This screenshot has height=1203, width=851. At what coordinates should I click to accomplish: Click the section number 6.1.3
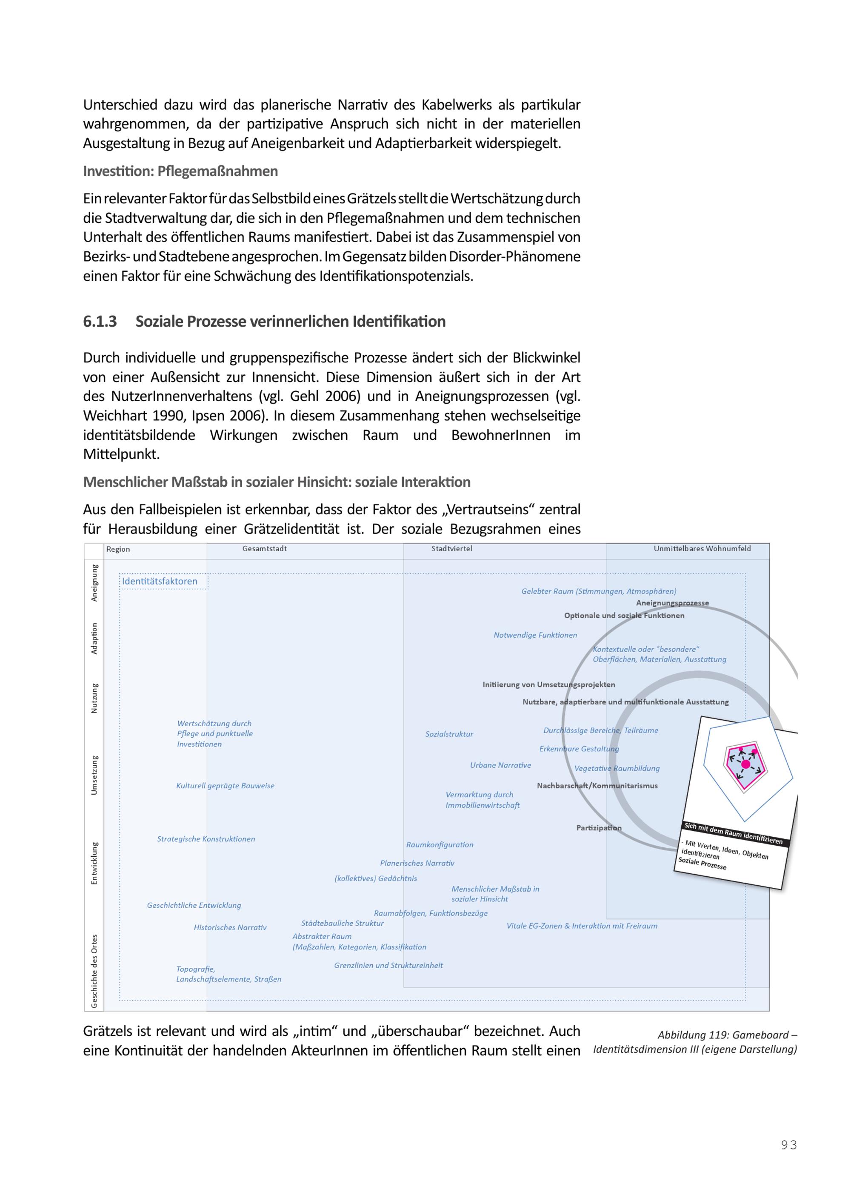100,321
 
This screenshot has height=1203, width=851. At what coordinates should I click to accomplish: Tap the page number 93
788,1145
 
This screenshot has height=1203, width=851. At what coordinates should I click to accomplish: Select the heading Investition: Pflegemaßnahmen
180,171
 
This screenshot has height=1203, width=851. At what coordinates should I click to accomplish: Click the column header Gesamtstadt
264,549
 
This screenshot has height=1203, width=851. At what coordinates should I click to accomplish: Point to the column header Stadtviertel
452,549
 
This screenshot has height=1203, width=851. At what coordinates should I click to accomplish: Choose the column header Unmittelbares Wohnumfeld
702,549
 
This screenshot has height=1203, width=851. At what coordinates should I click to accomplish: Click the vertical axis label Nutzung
94,698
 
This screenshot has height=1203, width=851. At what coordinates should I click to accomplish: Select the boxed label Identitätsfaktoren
160,581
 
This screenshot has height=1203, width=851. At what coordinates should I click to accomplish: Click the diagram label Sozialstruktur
449,734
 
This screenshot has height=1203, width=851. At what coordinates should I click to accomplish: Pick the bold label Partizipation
598,828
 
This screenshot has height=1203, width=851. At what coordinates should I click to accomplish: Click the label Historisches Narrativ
230,927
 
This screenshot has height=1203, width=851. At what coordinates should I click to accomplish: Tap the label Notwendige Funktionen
535,635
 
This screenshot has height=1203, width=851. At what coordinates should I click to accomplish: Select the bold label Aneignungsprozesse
672,603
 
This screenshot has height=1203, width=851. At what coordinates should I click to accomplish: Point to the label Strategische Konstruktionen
206,839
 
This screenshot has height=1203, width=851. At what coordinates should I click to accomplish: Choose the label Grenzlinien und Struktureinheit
388,965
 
